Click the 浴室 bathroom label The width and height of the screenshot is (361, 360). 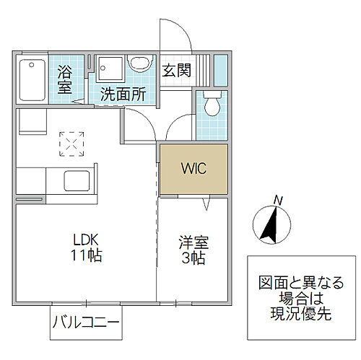coord(64,79)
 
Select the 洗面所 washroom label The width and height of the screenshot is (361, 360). coord(123,93)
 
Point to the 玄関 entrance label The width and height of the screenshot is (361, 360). coord(176,71)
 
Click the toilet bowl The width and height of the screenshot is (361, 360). coord(212,105)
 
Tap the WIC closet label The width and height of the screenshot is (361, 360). coord(193,169)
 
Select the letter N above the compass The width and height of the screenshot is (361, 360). coord(278,200)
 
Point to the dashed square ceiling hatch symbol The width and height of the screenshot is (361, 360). coord(71,142)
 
